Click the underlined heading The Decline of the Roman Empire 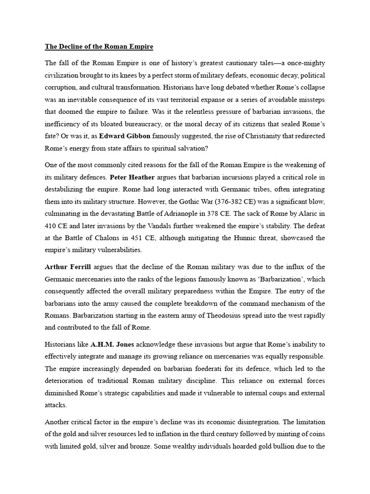(x=99, y=47)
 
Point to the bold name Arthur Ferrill (x=68, y=267)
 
